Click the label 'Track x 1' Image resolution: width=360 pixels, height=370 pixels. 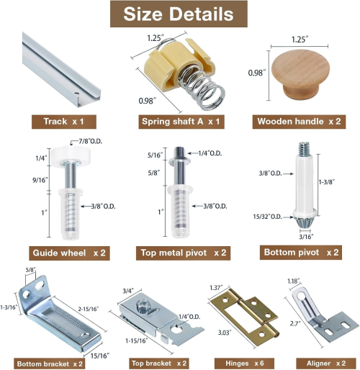pyautogui.click(x=61, y=122)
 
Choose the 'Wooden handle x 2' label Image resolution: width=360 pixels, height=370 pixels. pyautogui.click(x=299, y=122)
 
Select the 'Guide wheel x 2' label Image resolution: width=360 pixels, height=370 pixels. pyautogui.click(x=69, y=253)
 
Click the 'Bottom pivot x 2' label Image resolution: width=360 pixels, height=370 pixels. pyautogui.click(x=300, y=253)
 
